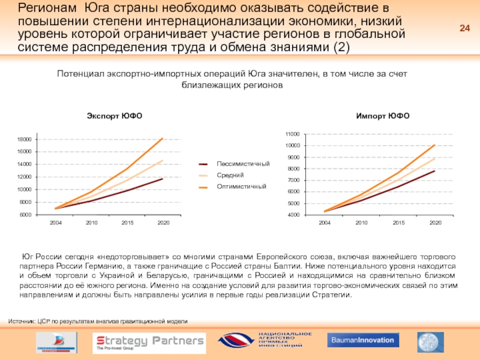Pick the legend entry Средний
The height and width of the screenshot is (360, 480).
click(x=230, y=175)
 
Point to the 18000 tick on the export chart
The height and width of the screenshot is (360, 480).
click(x=24, y=139)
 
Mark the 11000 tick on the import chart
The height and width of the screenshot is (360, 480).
click(x=292, y=134)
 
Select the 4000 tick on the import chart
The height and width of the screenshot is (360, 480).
click(x=294, y=214)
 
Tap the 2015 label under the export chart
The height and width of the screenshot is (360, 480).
click(x=128, y=223)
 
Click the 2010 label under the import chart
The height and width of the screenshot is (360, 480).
click(x=361, y=223)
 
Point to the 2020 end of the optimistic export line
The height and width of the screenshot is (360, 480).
click(x=163, y=139)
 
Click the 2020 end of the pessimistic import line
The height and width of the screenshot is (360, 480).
click(x=434, y=171)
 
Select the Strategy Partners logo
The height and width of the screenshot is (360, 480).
click(x=149, y=342)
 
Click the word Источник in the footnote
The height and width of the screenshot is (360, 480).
click(x=22, y=322)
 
